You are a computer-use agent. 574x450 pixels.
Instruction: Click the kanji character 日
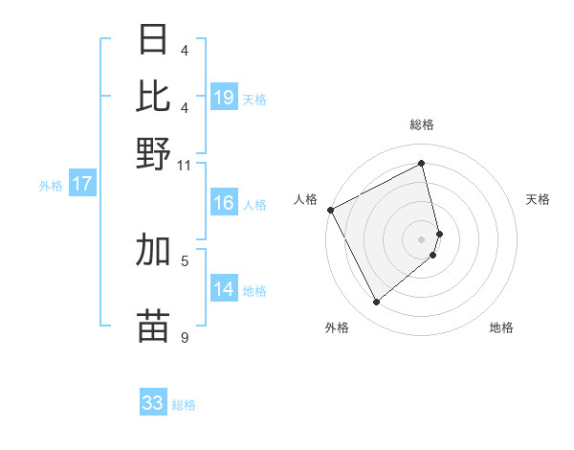pos(154,40)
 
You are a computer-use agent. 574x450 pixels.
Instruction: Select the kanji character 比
pos(154,97)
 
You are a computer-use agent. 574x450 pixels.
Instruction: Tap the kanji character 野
pos(154,153)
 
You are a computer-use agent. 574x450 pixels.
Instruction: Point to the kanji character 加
pos(154,250)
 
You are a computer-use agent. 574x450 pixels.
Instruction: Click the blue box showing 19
pos(224,98)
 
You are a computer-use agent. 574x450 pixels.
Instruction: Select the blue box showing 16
pos(224,204)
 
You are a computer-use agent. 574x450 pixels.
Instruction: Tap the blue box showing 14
pos(224,290)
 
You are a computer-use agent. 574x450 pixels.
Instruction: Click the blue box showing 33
pos(153,403)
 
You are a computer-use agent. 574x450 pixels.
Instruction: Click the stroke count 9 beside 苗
pos(184,336)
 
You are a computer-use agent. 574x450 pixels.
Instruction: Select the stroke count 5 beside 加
pos(184,259)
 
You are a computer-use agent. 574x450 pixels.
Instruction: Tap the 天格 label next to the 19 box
pos(254,99)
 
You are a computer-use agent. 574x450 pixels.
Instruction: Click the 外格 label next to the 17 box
pos(51,186)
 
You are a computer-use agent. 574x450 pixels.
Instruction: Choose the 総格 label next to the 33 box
pos(184,405)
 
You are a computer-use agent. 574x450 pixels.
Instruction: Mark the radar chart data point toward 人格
pos(330,210)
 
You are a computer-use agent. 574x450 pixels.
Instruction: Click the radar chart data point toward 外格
pos(376,303)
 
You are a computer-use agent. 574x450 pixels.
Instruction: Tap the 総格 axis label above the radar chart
pos(422,124)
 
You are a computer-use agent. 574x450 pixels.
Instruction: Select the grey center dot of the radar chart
pos(422,238)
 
